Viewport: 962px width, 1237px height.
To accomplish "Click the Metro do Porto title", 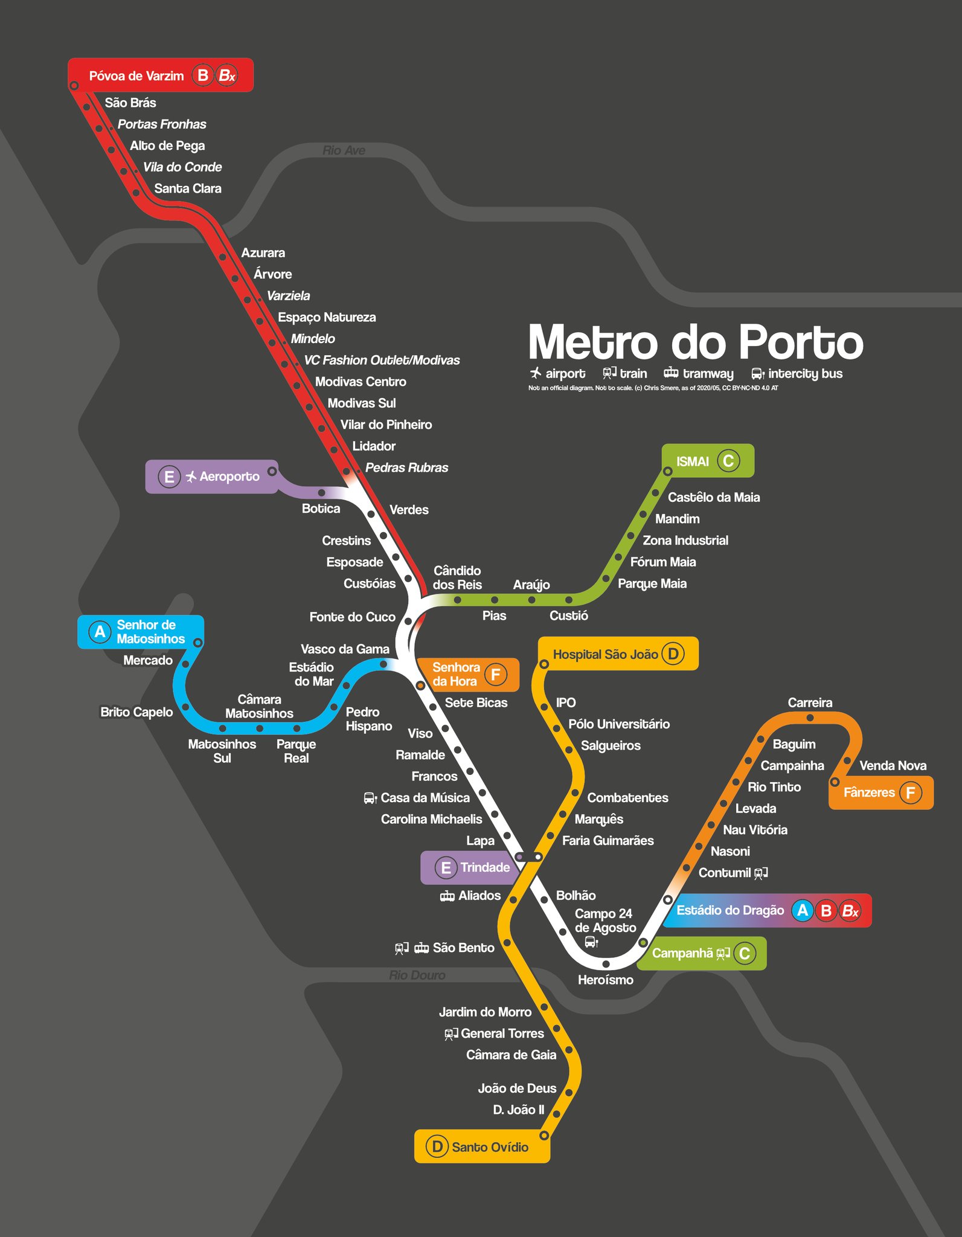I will coord(696,342).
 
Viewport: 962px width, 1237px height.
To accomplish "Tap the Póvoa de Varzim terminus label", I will coord(136,76).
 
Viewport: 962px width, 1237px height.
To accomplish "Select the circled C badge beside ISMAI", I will coord(728,461).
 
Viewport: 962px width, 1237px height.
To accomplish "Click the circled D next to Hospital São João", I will coord(673,654).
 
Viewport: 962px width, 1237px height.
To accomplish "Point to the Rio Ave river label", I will coord(344,150).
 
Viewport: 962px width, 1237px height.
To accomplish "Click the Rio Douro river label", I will coord(417,975).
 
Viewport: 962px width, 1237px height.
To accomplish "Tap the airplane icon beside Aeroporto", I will coord(191,477).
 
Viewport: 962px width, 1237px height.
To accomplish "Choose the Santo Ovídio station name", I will coord(490,1148).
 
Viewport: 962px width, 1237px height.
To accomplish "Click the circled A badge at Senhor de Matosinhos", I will coord(100,632).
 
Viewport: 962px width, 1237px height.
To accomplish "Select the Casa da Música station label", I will coord(425,798).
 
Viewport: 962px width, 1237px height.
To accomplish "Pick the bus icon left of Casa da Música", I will coord(370,798).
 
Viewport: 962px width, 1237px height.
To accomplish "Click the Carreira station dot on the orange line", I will coord(810,718).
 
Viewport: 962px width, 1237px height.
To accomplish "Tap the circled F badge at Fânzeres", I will coord(911,792).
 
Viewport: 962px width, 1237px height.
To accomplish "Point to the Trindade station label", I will coord(485,868).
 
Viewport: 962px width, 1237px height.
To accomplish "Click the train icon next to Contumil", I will coord(761,873).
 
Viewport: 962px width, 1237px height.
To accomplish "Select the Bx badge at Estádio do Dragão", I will coord(850,911).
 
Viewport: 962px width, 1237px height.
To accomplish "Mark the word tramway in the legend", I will coord(708,374).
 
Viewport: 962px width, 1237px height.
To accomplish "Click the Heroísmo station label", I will coord(605,980).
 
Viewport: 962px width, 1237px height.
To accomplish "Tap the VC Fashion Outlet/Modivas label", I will coord(382,361).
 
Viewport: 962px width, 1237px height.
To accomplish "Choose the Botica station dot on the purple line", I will coord(321,493).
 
